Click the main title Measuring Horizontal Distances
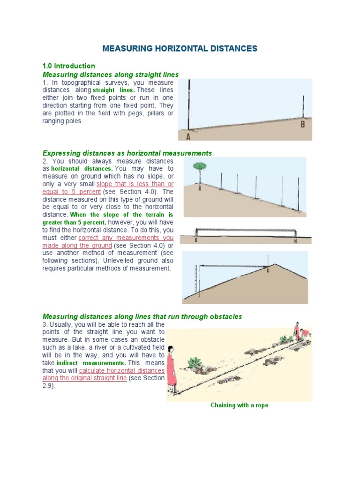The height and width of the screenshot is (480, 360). [180, 48]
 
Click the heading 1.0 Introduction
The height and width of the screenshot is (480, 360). [68, 66]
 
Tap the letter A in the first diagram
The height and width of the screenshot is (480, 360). [188, 136]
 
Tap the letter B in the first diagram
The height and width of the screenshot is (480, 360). [302, 124]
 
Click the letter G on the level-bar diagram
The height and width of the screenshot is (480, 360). [196, 240]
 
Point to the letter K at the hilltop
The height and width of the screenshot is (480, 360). [269, 270]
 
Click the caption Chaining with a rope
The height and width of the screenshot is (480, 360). [239, 405]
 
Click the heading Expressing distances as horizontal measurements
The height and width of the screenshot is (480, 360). [127, 153]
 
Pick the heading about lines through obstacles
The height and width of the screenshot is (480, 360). [142, 317]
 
